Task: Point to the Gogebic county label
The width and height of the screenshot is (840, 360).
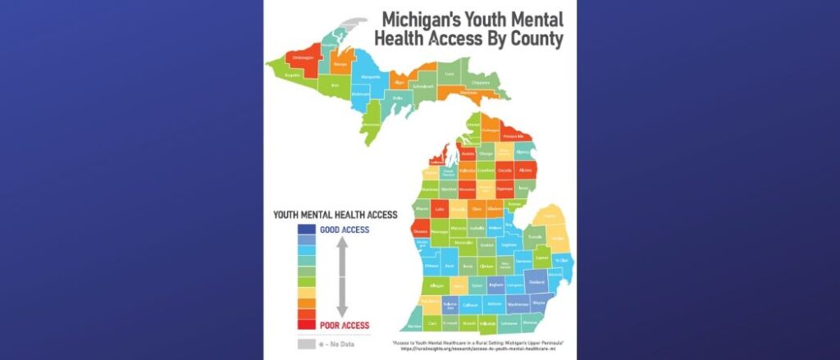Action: (292, 75)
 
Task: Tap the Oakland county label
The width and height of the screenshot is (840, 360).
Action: (537, 282)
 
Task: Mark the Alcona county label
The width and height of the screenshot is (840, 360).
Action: (525, 171)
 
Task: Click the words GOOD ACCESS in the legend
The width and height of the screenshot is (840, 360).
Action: (345, 230)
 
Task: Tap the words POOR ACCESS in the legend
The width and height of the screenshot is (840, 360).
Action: (345, 325)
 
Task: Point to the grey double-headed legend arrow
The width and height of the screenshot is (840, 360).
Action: (343, 278)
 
